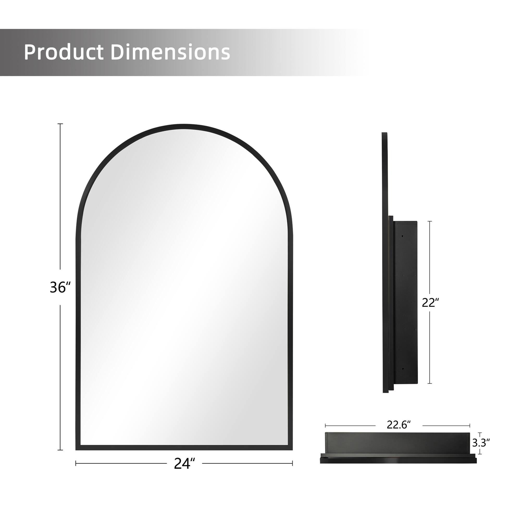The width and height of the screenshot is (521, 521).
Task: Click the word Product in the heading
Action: (x=64, y=52)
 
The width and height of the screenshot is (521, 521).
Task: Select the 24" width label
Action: (x=184, y=463)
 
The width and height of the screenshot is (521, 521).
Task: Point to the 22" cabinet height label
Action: (x=429, y=303)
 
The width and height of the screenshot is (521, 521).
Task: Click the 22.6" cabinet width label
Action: (x=399, y=425)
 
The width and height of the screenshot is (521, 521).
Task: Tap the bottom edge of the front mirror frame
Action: (x=184, y=448)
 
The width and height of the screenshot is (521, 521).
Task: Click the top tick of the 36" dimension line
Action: (x=60, y=124)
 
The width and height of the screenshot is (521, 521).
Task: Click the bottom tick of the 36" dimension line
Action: (x=60, y=450)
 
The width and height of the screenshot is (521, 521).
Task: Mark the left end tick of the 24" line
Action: (x=76, y=463)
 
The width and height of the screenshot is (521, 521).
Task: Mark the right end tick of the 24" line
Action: (x=292, y=463)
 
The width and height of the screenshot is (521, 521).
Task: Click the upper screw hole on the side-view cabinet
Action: (x=403, y=236)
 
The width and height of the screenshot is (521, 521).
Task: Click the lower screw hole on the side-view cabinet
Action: (x=403, y=369)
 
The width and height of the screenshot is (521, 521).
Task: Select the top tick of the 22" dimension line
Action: (x=430, y=221)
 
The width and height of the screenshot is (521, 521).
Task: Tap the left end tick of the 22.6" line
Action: (x=325, y=426)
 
